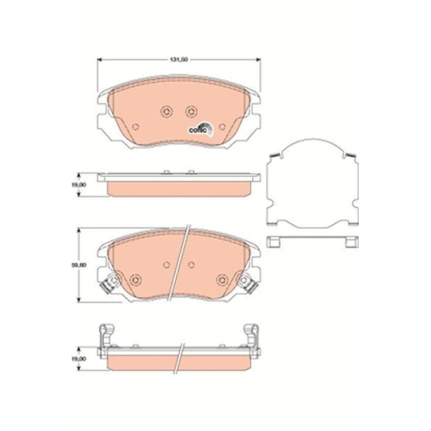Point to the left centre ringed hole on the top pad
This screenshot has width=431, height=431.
pos(166,109)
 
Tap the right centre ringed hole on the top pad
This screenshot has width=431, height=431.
pos(190,109)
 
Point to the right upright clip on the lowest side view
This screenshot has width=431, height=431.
pos(252,331)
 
